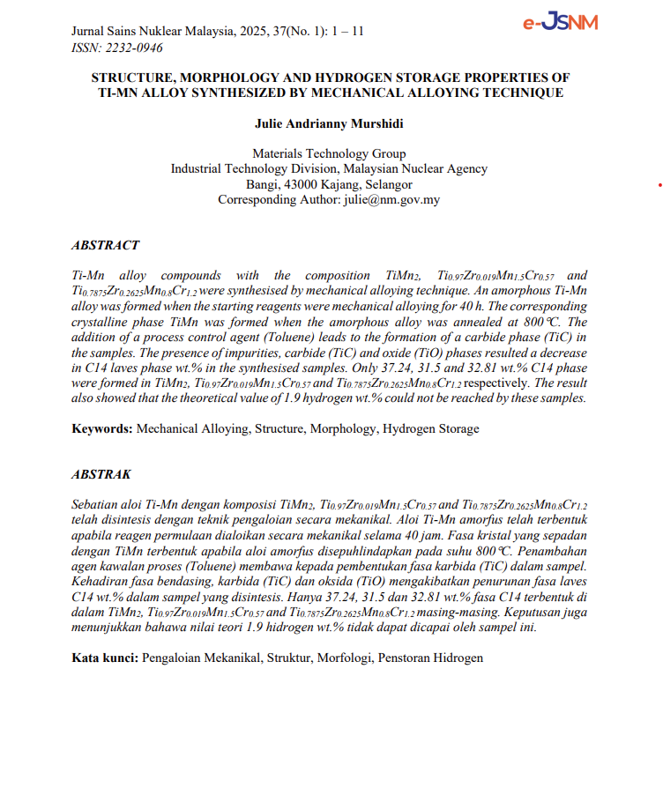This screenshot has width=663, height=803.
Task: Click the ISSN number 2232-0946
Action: (134, 48)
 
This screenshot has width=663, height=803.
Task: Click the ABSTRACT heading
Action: (105, 245)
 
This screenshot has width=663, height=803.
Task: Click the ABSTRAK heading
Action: (101, 474)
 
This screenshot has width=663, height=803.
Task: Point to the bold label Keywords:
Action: (102, 429)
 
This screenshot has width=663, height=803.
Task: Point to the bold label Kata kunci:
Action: (105, 658)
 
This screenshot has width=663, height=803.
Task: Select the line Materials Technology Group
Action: (329, 153)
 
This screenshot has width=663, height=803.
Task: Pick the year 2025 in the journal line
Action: (252, 32)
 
